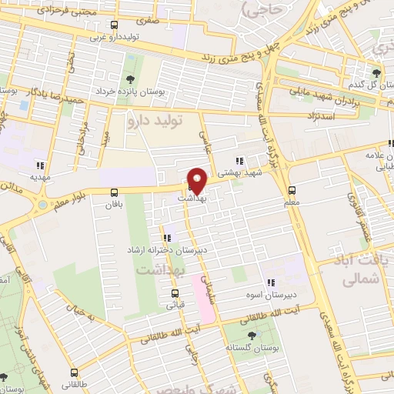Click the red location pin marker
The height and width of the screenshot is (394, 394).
click(x=197, y=181)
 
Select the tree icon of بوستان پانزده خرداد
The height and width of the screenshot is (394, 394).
click(x=128, y=80)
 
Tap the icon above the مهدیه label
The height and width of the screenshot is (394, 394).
click(x=39, y=165)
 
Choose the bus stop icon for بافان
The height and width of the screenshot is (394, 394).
click(x=115, y=192)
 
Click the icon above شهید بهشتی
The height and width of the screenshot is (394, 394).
click(x=239, y=161)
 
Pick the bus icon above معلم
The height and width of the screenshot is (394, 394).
click(x=292, y=191)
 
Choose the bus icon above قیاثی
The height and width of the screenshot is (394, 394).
click(x=175, y=293)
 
